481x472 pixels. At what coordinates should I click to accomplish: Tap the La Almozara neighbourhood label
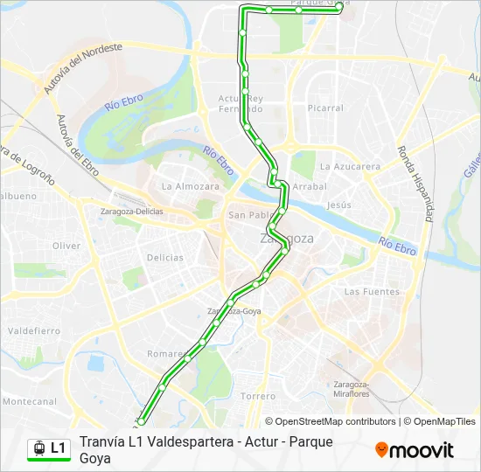click(190, 186)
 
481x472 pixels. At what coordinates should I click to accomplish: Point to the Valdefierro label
click(34, 331)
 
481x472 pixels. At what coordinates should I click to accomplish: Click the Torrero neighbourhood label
click(258, 396)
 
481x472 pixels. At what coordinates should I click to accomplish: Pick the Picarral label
click(325, 108)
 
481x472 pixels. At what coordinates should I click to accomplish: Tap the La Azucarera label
click(350, 166)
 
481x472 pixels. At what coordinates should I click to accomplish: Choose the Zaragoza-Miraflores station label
click(351, 389)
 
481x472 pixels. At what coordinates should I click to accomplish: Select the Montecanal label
click(29, 401)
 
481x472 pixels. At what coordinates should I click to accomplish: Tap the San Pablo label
click(247, 215)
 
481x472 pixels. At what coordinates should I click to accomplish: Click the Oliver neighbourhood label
click(66, 246)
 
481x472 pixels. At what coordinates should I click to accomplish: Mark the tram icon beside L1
click(38, 448)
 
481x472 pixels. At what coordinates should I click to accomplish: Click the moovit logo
click(415, 450)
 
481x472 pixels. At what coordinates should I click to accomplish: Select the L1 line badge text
click(58, 448)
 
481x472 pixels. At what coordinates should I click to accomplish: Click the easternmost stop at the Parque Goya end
click(338, 10)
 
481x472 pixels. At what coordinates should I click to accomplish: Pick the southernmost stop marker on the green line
click(141, 422)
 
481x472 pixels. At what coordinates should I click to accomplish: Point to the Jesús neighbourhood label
click(338, 205)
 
